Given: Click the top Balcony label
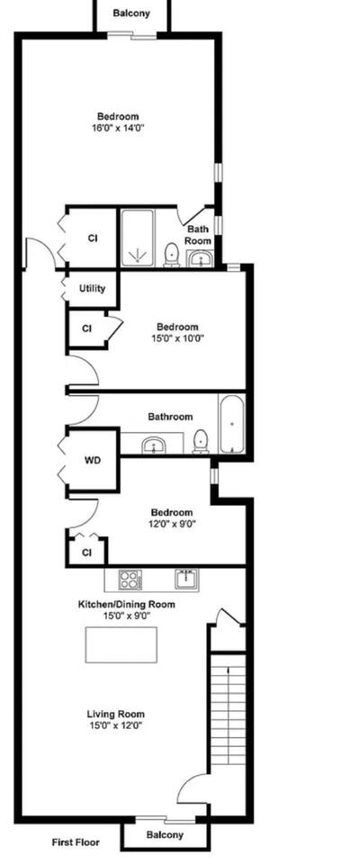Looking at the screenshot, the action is tap(131, 13).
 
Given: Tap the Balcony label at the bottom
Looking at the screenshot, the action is tap(165, 835).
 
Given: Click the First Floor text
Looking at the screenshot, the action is tap(76, 842).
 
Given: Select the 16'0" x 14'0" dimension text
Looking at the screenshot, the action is tap(117, 128).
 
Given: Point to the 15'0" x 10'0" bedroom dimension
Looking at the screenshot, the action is tap(176, 338).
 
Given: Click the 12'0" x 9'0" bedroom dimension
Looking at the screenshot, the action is tap(173, 524).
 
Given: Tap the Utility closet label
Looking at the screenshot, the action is tap(92, 289).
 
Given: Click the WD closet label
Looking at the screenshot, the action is tap(92, 461).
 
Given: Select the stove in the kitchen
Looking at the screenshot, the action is tap(130, 580).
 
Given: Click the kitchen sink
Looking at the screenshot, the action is tap(187, 579).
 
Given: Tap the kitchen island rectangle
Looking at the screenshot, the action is tap(121, 644).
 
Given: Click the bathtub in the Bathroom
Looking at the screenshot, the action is tap(232, 424).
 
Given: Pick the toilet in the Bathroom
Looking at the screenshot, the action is tap(201, 443).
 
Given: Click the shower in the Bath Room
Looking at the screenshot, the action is tap(138, 238).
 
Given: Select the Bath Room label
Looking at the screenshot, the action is tap(197, 235).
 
